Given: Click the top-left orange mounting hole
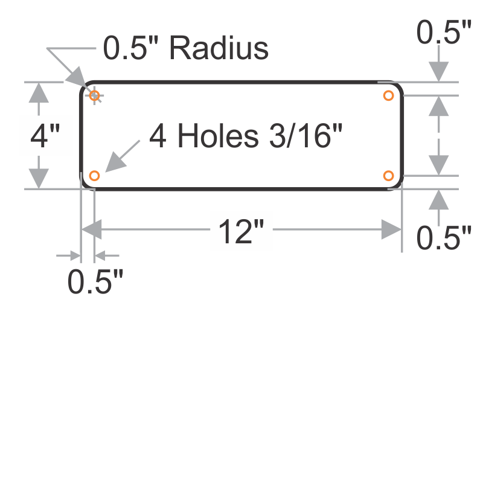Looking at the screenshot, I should point(94,95).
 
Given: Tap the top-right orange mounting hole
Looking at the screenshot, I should point(389,95).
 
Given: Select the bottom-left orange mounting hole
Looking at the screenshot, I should point(94,176).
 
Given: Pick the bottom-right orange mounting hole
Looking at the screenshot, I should point(389,176).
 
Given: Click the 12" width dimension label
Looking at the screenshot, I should point(235,231).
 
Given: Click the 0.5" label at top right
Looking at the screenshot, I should point(444,33).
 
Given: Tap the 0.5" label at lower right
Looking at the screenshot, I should point(444,237).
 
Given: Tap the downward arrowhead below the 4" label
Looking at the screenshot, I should point(39,178).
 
